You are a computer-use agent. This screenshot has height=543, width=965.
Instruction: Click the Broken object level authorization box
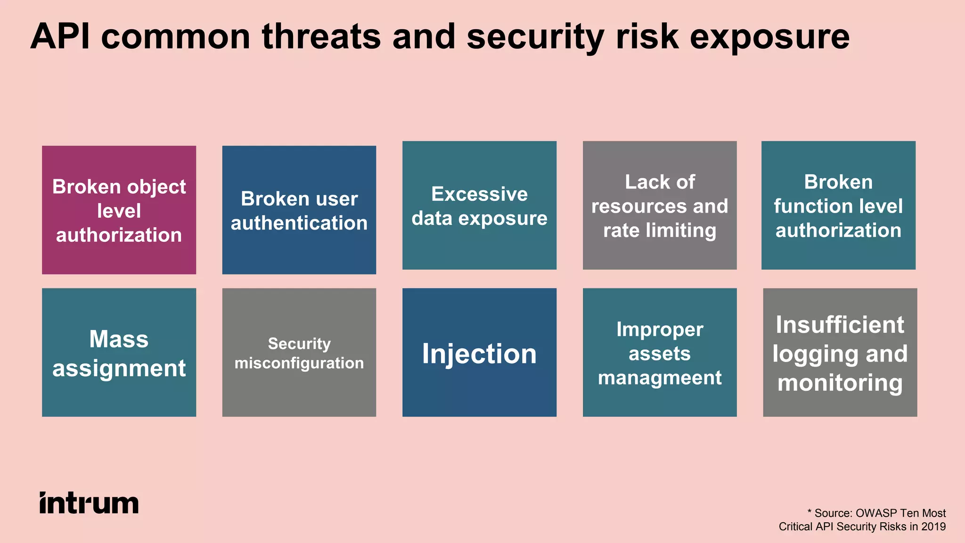(x=119, y=210)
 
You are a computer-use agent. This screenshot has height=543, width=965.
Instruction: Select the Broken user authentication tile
(x=299, y=210)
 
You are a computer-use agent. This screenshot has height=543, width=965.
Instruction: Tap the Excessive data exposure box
(x=479, y=206)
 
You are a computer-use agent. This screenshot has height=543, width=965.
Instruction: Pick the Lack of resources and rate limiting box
(x=659, y=206)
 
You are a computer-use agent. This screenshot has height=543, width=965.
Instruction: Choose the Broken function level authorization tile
(x=838, y=206)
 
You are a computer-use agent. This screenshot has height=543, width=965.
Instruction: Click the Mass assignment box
(x=119, y=353)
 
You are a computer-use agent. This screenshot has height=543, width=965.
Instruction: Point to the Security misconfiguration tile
(x=299, y=353)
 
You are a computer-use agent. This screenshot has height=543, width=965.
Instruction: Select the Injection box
(x=479, y=353)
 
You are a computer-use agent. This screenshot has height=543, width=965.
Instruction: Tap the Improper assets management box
(x=659, y=353)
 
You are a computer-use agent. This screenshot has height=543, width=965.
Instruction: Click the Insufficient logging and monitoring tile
(x=840, y=353)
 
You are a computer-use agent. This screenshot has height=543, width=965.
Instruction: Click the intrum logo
(x=89, y=503)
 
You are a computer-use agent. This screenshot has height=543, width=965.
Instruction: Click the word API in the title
(x=60, y=37)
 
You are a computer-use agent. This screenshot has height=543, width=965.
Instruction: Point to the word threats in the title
(x=321, y=37)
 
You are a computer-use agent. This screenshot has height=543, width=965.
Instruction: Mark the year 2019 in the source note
(x=933, y=527)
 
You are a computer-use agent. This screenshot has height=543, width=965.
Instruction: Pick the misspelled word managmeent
(x=659, y=378)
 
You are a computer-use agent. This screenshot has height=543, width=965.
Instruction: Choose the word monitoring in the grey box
(x=840, y=383)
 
